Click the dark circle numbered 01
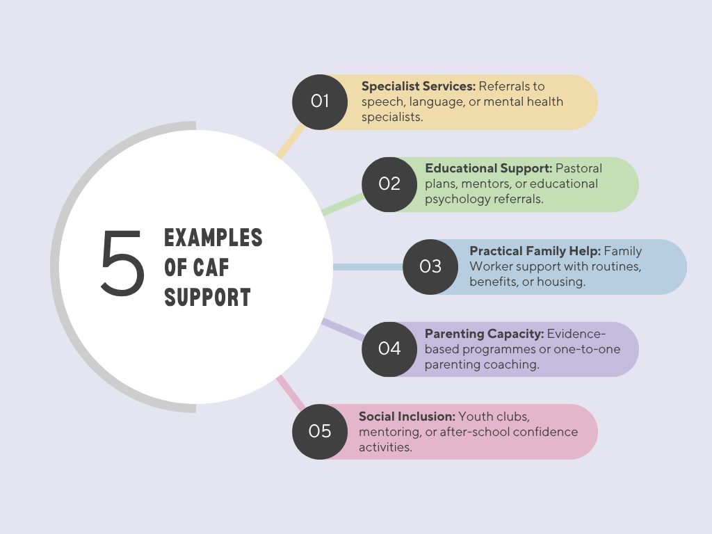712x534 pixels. [320, 102]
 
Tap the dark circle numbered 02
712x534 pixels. [389, 184]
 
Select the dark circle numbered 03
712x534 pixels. [430, 266]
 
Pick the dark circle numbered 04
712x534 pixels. [389, 348]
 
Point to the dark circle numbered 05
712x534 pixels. [320, 431]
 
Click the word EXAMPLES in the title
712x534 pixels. [213, 238]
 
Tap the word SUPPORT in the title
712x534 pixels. [207, 298]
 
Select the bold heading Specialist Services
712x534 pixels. [418, 86]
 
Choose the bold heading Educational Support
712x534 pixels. [488, 168]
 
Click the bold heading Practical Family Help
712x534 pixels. [535, 251]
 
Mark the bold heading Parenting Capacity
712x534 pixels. [484, 333]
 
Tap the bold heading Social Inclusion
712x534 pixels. [407, 416]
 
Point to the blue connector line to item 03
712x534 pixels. [367, 266]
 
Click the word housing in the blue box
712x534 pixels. [563, 282]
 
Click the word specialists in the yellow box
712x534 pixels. [391, 118]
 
